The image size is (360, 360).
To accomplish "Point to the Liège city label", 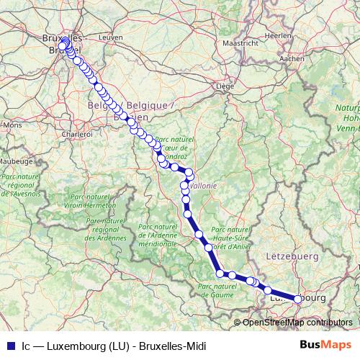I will tap(226, 86).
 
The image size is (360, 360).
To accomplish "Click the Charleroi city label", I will tap(77, 134).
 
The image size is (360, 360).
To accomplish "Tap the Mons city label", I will tap(13, 125).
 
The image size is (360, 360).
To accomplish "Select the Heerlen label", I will tap(278, 35).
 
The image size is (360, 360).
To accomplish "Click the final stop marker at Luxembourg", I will tap(297, 299).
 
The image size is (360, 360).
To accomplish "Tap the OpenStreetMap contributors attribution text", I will tap(297, 323).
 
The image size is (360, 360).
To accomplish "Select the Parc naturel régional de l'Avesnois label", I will tap(23, 185).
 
